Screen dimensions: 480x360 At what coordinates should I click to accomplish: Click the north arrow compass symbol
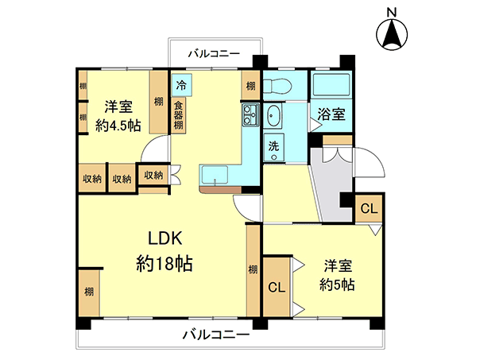tap(392, 34)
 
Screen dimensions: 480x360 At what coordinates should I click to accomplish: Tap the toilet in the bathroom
tap(277, 85)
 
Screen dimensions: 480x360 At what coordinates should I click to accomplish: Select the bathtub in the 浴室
tap(331, 85)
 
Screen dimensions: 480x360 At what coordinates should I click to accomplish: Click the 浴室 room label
tap(331, 114)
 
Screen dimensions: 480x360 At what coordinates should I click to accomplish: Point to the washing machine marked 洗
tap(273, 148)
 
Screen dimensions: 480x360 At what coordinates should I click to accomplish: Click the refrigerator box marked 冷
tap(181, 85)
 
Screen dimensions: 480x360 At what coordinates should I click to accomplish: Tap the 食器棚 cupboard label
tap(178, 115)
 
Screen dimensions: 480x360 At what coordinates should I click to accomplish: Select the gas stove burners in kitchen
tap(251, 115)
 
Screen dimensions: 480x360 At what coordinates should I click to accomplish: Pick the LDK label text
tap(165, 238)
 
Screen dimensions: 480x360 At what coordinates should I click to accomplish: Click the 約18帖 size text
tap(165, 263)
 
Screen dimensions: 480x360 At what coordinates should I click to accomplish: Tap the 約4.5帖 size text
tap(118, 126)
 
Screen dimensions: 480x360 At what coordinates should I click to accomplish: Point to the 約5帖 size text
tap(337, 285)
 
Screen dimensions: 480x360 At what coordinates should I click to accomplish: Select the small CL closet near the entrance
tap(369, 208)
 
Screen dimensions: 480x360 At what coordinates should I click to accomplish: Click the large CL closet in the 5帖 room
tap(277, 287)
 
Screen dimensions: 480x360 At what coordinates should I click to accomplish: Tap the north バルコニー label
tap(214, 54)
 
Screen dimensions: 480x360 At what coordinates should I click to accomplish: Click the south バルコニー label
tap(216, 335)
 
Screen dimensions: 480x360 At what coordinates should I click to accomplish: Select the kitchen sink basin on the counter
tap(215, 175)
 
